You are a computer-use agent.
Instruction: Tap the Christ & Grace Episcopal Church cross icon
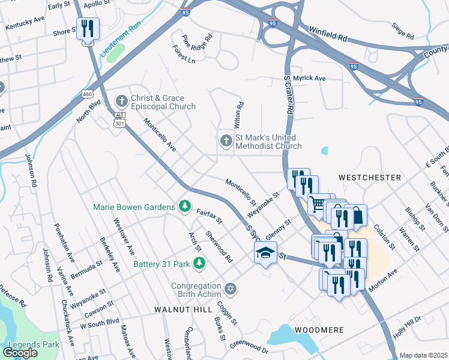[x=122, y=100]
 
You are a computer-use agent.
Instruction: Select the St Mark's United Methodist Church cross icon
[x=226, y=141]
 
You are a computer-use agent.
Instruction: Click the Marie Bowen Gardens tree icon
[x=185, y=207]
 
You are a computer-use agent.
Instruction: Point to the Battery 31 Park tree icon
[x=199, y=263]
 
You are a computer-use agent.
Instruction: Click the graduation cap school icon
[x=265, y=254]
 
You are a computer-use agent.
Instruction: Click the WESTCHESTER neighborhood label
[x=369, y=178]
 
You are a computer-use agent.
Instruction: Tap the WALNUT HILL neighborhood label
[x=183, y=309]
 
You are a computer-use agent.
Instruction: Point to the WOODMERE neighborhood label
[x=318, y=330]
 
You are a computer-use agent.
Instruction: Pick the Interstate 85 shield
[x=185, y=11]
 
